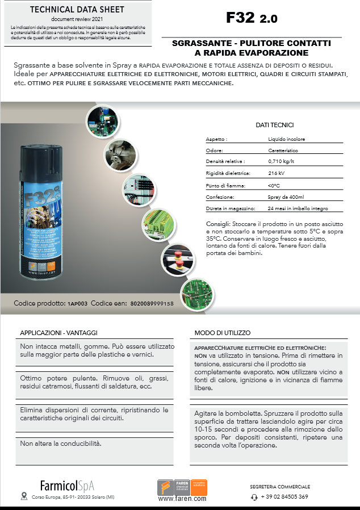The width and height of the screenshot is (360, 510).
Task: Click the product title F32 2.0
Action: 252,18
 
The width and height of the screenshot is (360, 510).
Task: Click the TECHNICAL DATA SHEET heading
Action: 77,10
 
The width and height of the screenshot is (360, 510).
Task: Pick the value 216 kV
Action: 277,174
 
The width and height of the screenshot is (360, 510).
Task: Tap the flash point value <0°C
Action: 274,186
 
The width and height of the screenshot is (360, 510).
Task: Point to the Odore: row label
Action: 214,151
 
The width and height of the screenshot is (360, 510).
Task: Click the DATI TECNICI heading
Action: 274,125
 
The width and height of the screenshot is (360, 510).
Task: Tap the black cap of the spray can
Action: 44,157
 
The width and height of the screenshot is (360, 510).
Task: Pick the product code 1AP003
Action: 77,304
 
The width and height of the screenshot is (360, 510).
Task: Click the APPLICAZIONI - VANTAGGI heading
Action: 58,333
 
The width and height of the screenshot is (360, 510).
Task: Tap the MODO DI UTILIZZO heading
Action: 222,333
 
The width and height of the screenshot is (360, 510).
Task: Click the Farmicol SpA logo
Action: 66,486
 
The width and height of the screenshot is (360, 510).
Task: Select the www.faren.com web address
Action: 182,499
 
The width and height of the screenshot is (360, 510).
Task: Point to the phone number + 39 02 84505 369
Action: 284,496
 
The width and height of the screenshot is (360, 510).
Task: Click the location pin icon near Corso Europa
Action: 24,496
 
